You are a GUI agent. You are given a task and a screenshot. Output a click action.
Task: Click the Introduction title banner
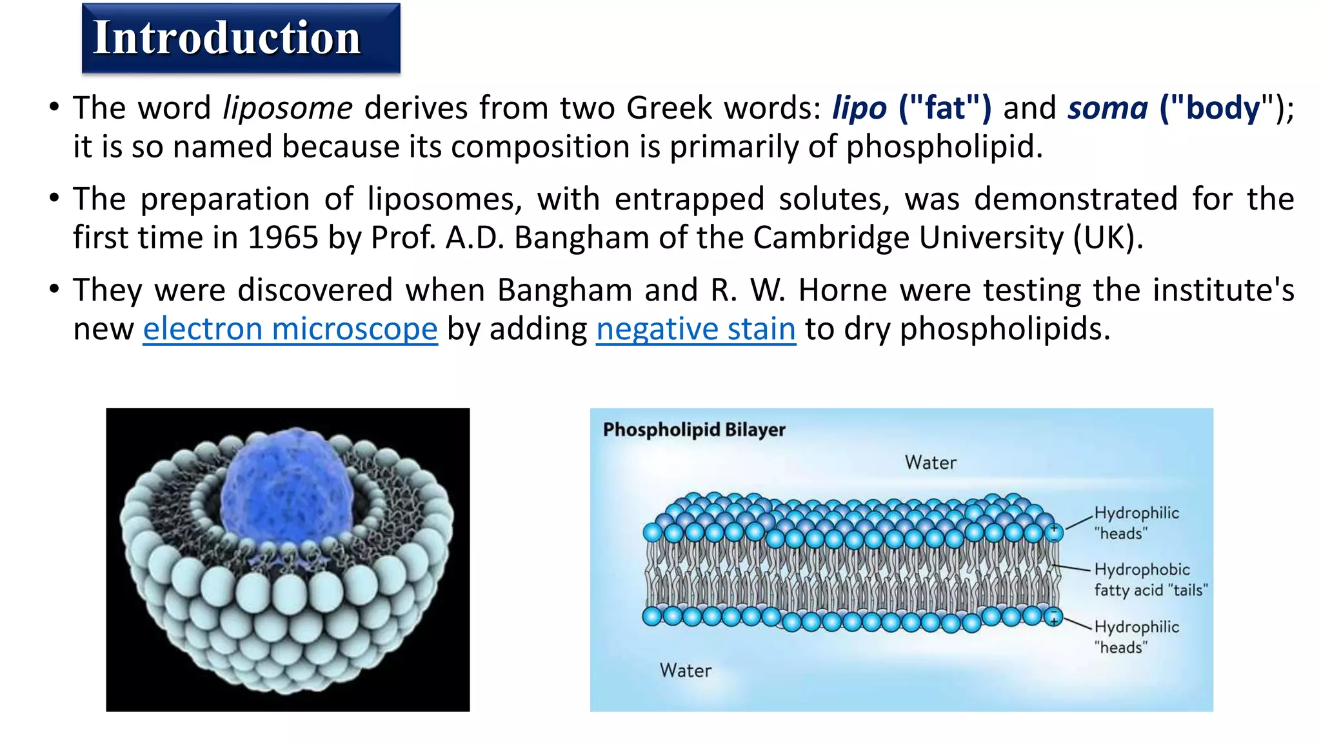click(x=241, y=38)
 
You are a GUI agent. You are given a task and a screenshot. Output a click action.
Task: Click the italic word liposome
click(x=288, y=108)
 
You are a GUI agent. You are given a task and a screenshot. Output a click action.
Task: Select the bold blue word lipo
click(x=859, y=108)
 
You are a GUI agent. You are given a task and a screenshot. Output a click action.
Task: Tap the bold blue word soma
click(x=1107, y=108)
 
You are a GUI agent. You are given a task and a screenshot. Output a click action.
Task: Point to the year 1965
click(x=283, y=238)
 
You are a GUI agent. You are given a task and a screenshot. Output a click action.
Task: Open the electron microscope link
click(x=290, y=329)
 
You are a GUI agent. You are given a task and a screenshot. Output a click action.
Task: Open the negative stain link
click(x=695, y=329)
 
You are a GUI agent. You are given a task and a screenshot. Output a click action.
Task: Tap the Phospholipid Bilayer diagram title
click(x=694, y=430)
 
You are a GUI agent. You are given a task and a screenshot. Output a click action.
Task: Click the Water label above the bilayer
click(x=930, y=462)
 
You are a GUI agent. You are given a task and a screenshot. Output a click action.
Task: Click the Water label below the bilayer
click(x=685, y=671)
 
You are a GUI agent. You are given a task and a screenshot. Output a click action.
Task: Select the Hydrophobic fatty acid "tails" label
click(x=1150, y=580)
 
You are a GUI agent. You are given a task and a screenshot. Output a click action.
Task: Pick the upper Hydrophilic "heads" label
click(x=1136, y=523)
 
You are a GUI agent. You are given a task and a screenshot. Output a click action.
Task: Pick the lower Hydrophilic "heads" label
click(x=1136, y=637)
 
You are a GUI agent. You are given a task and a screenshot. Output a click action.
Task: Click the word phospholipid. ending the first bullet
click(x=944, y=147)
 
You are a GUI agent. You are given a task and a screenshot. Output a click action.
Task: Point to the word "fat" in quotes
click(x=946, y=108)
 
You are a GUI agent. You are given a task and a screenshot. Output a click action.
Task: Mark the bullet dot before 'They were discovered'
click(x=54, y=288)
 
